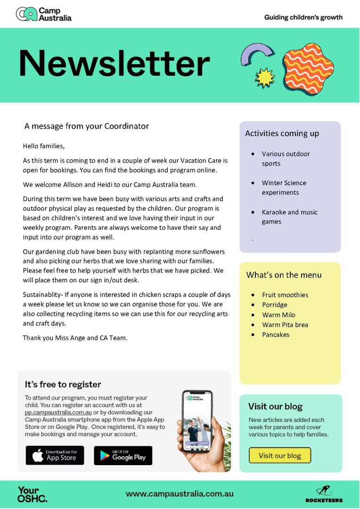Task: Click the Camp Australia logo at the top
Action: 43,14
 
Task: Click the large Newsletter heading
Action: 114,64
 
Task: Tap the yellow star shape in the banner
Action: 264,76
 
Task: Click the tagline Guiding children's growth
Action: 303,17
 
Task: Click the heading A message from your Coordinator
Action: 87,126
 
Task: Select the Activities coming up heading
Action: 282,133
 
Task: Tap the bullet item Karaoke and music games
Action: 289,217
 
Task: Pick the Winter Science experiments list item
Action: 284,188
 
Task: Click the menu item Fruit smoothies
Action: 285,295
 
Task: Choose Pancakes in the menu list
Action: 276,335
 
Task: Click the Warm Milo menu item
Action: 278,315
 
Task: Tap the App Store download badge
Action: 55,455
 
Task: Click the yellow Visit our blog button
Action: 279,455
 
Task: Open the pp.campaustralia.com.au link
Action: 58,412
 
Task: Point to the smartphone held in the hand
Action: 197,422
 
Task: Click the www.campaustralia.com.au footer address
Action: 180,494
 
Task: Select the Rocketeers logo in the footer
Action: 324,494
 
